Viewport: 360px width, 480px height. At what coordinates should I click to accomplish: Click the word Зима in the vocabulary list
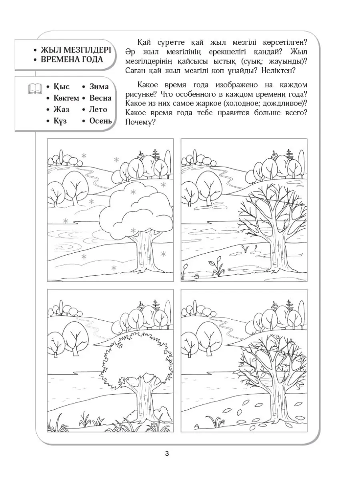99,87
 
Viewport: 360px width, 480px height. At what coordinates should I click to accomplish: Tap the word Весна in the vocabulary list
100,98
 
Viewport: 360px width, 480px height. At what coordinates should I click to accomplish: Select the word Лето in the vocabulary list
98,109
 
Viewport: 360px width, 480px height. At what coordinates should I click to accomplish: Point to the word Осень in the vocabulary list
100,121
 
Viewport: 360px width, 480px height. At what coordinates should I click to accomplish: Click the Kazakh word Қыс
61,87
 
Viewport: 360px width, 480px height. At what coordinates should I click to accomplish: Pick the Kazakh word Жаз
61,109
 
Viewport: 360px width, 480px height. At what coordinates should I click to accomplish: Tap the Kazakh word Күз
60,121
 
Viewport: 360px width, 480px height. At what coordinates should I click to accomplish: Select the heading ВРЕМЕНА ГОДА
72,60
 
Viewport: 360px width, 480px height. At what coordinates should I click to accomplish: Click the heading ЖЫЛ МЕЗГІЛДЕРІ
76,50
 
